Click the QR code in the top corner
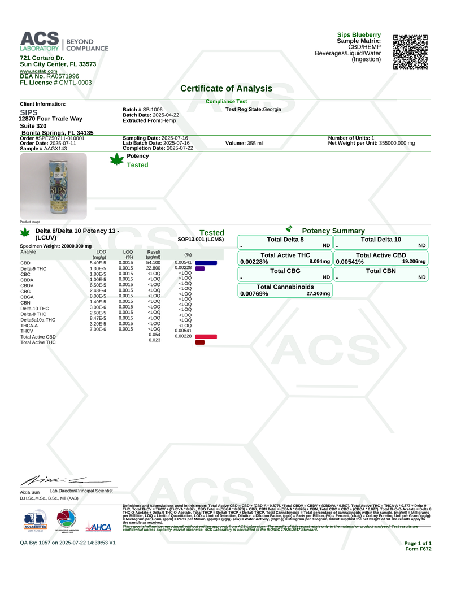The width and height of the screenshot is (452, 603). [410, 52]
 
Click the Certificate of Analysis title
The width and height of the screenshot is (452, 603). [226, 88]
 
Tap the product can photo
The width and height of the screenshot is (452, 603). [53, 186]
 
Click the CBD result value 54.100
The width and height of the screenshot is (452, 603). [153, 263]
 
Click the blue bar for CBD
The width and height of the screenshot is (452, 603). [206, 263]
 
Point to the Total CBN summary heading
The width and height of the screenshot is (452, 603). [381, 271]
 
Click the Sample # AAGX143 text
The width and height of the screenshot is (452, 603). [44, 149]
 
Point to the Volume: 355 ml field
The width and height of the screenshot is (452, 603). [244, 144]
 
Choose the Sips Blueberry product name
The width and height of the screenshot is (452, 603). [359, 35]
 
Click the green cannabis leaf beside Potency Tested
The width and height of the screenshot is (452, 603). [117, 160]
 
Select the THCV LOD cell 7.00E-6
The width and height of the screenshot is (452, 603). [98, 329]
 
